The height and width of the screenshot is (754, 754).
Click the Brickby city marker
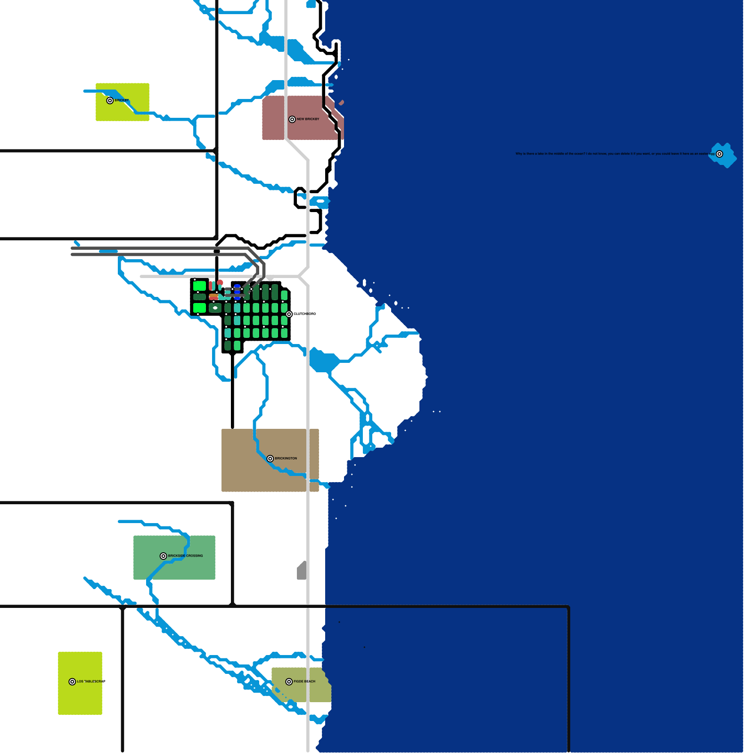pyautogui.click(x=110, y=100)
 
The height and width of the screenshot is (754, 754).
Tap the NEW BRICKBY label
pyautogui.click(x=308, y=119)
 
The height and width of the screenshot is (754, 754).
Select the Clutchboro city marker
pyautogui.click(x=289, y=314)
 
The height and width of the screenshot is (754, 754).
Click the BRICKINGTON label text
pyautogui.click(x=286, y=459)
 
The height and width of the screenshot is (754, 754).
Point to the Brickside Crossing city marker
pyautogui.click(x=164, y=556)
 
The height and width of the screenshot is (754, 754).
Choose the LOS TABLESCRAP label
pyautogui.click(x=91, y=681)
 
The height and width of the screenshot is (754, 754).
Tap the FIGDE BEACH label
pyautogui.click(x=304, y=681)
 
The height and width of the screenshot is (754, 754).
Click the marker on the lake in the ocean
pyautogui.click(x=720, y=154)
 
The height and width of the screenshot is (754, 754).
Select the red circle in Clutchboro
pyautogui.click(x=220, y=283)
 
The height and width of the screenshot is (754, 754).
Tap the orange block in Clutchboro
pyautogui.click(x=213, y=297)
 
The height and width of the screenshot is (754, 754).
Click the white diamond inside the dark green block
pyautogui.click(x=215, y=308)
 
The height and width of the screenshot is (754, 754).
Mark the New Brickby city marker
pyautogui.click(x=292, y=119)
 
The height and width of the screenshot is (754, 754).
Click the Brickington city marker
pyautogui.click(x=270, y=459)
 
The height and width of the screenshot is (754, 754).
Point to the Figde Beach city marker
pyautogui.click(x=289, y=681)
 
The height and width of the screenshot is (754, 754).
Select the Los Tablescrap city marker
pyautogui.click(x=72, y=681)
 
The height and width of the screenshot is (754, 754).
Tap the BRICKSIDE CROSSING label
pyautogui.click(x=185, y=556)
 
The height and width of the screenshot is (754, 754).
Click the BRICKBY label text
pyautogui.click(x=122, y=100)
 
